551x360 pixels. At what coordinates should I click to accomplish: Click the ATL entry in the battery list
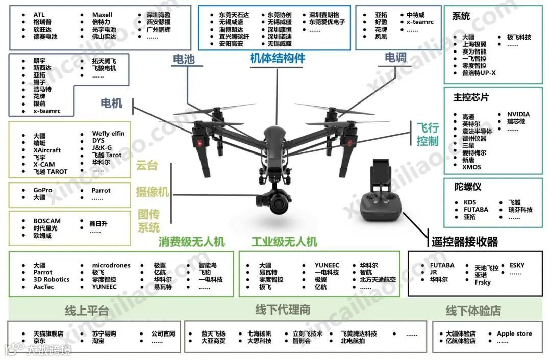(39, 15)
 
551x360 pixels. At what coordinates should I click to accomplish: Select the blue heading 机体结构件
(277, 58)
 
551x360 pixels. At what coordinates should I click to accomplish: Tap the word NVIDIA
(518, 114)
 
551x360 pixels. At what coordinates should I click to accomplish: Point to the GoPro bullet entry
(43, 190)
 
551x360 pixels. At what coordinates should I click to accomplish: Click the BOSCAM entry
(47, 221)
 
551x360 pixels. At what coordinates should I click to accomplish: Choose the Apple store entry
(514, 333)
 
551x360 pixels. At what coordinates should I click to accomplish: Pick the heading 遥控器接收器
(464, 242)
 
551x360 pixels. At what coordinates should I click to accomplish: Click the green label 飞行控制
(427, 134)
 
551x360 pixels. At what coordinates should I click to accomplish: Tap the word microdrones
(111, 265)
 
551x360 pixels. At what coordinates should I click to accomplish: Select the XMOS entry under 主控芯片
(471, 167)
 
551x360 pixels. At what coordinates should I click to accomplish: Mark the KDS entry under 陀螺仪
(469, 202)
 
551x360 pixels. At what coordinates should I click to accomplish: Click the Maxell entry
(102, 15)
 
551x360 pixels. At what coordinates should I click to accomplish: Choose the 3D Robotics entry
(52, 279)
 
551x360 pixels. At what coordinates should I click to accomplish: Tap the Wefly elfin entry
(108, 134)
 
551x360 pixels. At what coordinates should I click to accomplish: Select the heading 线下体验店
(473, 310)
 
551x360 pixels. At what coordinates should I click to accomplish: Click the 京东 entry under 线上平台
(39, 341)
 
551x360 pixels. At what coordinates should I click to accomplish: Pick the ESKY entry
(516, 265)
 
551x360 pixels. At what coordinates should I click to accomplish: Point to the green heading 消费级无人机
(191, 241)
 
